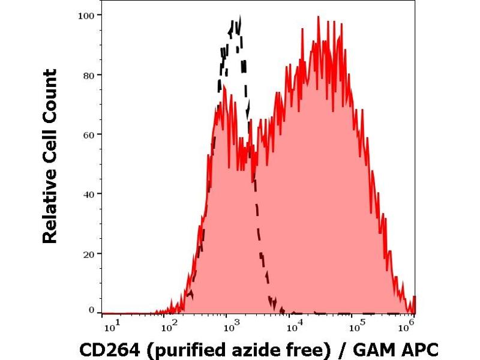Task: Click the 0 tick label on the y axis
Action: point(92,310)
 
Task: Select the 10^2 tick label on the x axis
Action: point(170,326)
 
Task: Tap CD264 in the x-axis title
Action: point(104,347)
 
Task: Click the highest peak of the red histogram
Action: point(318,17)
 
